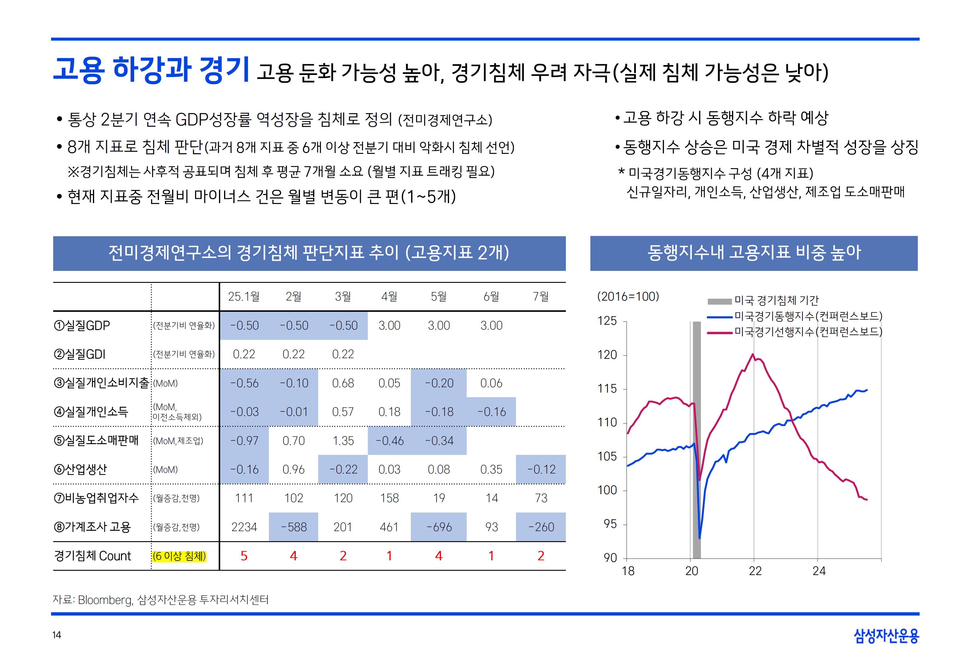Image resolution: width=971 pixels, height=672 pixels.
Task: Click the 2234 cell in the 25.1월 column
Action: [x=244, y=527]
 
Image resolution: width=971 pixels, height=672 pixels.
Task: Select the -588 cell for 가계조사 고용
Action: [x=293, y=527]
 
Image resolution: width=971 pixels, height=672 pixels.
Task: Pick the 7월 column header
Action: [x=541, y=296]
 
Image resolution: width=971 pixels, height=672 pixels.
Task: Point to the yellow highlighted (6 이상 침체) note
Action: [x=179, y=556]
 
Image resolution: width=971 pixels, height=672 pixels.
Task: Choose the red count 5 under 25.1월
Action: [x=244, y=556]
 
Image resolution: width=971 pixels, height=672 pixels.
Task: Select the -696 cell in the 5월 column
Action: [x=439, y=527]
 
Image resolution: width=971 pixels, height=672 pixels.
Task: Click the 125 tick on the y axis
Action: [x=607, y=321]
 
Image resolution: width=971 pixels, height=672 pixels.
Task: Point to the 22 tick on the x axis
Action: [x=755, y=571]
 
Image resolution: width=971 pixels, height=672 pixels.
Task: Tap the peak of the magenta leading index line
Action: [x=753, y=355]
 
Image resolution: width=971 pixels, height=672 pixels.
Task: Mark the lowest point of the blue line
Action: [x=699, y=538]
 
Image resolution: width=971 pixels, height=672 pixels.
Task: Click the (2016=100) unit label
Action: [x=628, y=296]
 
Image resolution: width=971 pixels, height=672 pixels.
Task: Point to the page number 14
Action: [x=57, y=635]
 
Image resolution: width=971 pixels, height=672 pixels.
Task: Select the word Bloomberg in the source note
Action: [x=105, y=600]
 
